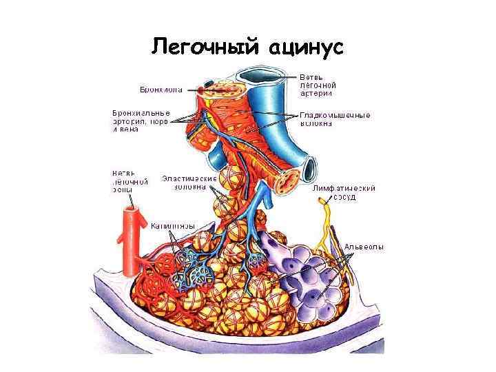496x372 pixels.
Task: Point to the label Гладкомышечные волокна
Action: (x=335, y=119)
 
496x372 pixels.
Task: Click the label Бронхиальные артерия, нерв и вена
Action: (x=141, y=121)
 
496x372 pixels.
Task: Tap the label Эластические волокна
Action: (x=189, y=182)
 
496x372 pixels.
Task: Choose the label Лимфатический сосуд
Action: (x=343, y=192)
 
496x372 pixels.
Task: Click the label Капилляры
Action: (x=172, y=225)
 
